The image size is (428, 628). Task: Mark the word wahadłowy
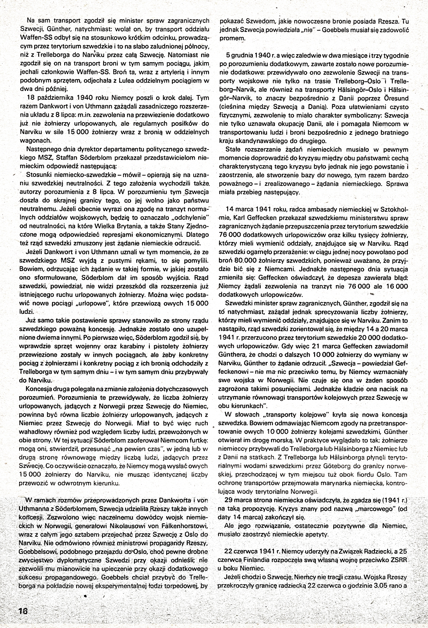pos(34,432)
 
